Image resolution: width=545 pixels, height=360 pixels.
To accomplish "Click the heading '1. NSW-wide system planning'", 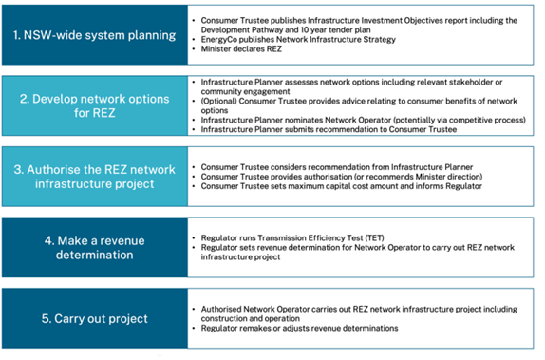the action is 95,35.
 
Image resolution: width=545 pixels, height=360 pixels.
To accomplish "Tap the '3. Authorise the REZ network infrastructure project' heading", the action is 95,177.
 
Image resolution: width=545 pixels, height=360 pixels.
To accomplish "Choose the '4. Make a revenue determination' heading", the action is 95,248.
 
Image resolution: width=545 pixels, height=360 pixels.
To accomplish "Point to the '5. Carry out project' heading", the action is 95,318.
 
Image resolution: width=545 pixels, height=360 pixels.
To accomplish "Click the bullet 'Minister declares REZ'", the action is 241,49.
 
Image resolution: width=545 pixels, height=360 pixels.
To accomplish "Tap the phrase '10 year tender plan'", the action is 335,29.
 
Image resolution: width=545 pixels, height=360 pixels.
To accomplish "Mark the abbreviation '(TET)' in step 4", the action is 374,237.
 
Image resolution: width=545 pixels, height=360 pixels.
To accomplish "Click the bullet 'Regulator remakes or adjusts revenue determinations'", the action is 300,328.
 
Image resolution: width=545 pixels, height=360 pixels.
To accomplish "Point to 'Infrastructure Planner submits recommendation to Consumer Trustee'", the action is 329,129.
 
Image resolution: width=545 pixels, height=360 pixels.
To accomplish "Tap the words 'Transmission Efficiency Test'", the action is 310,237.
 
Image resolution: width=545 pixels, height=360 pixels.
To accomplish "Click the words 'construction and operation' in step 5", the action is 251,318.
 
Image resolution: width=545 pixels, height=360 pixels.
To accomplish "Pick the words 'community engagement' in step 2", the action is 245,91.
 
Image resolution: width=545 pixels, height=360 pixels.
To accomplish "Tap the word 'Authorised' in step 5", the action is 220,309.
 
